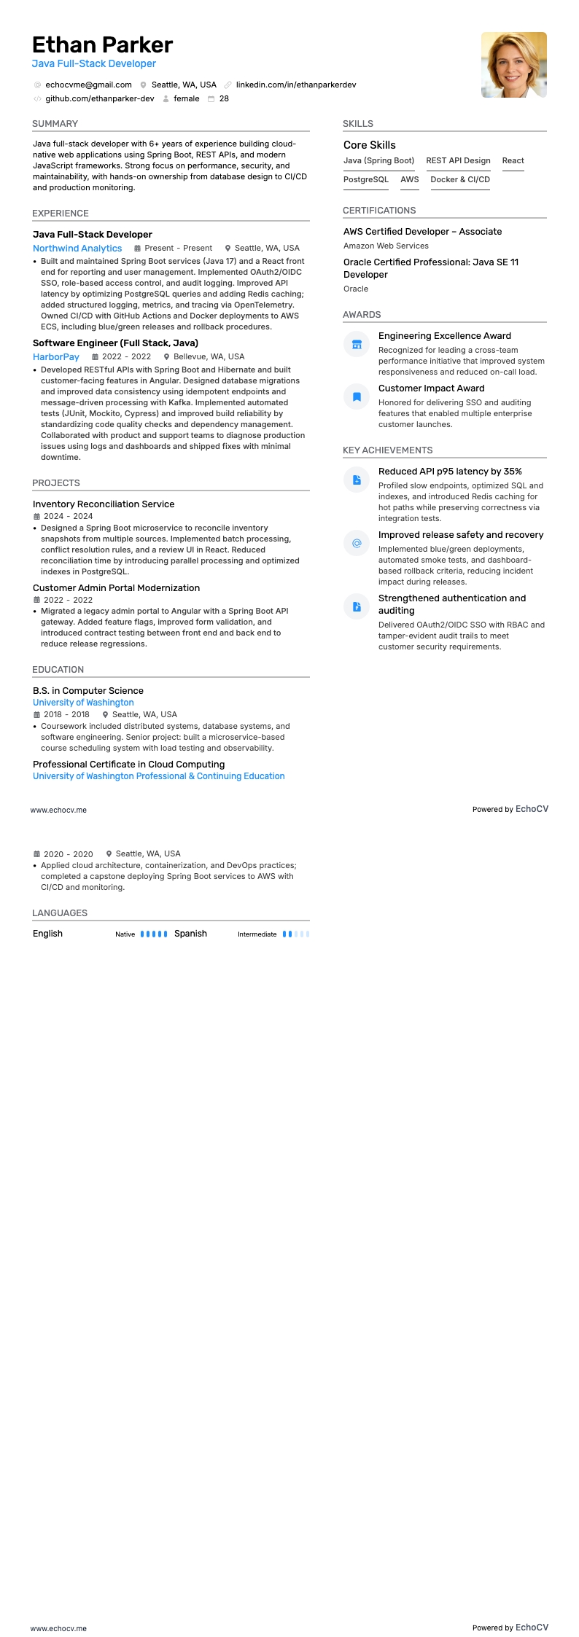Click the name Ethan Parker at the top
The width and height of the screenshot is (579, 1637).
pyautogui.click(x=102, y=45)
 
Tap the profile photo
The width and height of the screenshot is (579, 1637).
pyautogui.click(x=513, y=65)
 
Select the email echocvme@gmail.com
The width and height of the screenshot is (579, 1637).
pyautogui.click(x=88, y=85)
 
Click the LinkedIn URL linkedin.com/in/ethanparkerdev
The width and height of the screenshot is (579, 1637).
pyautogui.click(x=295, y=85)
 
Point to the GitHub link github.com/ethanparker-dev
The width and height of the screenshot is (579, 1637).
pyautogui.click(x=100, y=98)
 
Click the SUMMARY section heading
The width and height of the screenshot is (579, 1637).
pyautogui.click(x=55, y=124)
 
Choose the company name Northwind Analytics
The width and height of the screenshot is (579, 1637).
pyautogui.click(x=77, y=249)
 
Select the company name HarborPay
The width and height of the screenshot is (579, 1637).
pyautogui.click(x=56, y=357)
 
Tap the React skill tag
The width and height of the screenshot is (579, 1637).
pyautogui.click(x=513, y=160)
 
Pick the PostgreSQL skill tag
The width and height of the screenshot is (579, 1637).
pyautogui.click(x=366, y=179)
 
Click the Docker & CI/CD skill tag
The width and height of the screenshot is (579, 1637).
pyautogui.click(x=460, y=179)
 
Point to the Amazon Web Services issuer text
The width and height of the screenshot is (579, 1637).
pyautogui.click(x=386, y=246)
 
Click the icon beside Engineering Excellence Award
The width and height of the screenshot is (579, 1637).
pyautogui.click(x=357, y=344)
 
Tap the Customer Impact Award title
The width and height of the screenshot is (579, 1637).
pyautogui.click(x=431, y=388)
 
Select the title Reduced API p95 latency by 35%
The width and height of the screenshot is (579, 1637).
pyautogui.click(x=450, y=472)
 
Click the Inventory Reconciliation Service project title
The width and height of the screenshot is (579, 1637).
pyautogui.click(x=104, y=504)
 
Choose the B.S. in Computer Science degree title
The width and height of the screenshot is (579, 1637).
pyautogui.click(x=88, y=691)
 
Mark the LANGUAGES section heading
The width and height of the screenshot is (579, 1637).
pyautogui.click(x=60, y=913)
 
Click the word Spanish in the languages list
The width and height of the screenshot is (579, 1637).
pyautogui.click(x=190, y=934)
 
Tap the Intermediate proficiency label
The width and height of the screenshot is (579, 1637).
pyautogui.click(x=257, y=934)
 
